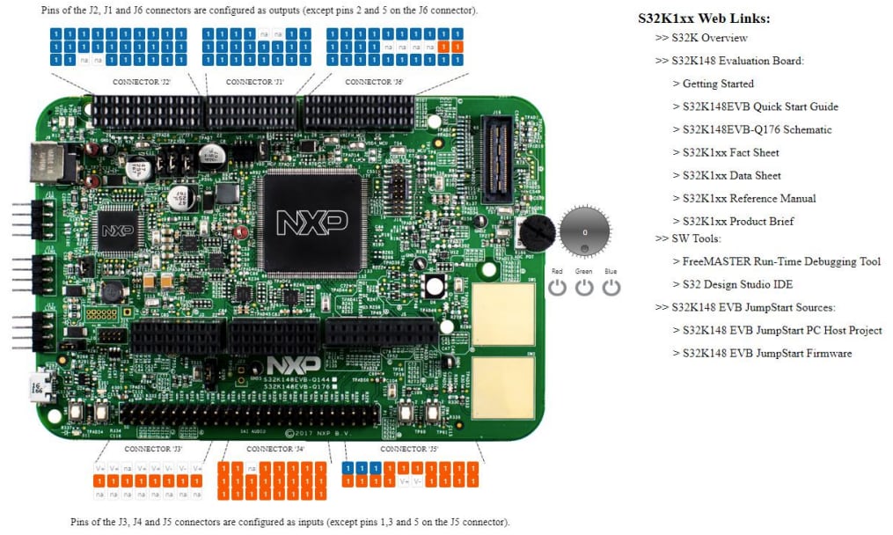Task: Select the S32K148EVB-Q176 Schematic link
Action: coord(757,129)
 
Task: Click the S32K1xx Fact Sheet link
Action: coord(730,152)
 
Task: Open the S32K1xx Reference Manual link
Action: coord(749,198)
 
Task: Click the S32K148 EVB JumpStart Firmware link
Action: coord(767,353)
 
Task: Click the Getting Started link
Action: coord(718,84)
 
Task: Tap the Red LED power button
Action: coord(557,287)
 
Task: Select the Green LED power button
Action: coord(584,287)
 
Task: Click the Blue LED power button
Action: coord(611,287)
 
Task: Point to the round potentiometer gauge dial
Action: coord(584,231)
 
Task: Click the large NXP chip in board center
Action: coord(312,220)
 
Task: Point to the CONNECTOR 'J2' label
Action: coord(142,82)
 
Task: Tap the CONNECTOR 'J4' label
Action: coord(275,450)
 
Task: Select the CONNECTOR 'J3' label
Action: coord(153,450)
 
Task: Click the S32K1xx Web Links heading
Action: coord(704,18)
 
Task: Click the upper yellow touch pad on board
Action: coord(503,314)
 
